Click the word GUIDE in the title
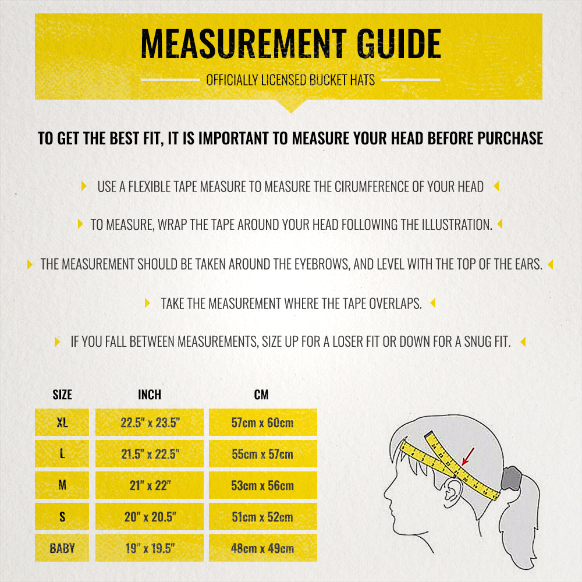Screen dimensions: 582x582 coord(399,44)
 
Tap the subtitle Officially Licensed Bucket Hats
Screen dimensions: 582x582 coord(290,80)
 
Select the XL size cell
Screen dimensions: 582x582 coord(62,423)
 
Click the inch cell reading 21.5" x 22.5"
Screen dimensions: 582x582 coord(150,453)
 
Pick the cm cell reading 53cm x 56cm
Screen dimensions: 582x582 coord(263,485)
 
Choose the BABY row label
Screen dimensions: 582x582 coord(62,548)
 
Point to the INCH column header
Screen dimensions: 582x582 coord(150,395)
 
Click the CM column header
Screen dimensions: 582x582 coord(261,395)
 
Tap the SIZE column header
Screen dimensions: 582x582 coord(62,395)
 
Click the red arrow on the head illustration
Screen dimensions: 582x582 coord(468,456)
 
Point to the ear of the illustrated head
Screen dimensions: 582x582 coord(452,492)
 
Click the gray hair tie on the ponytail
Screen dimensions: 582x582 coord(511,478)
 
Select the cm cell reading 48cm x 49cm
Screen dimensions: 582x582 coord(263,548)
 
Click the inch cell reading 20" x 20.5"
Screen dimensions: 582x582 coord(150,517)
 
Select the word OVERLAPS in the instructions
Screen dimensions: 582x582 coord(396,304)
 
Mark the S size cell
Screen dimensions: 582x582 coord(62,517)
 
